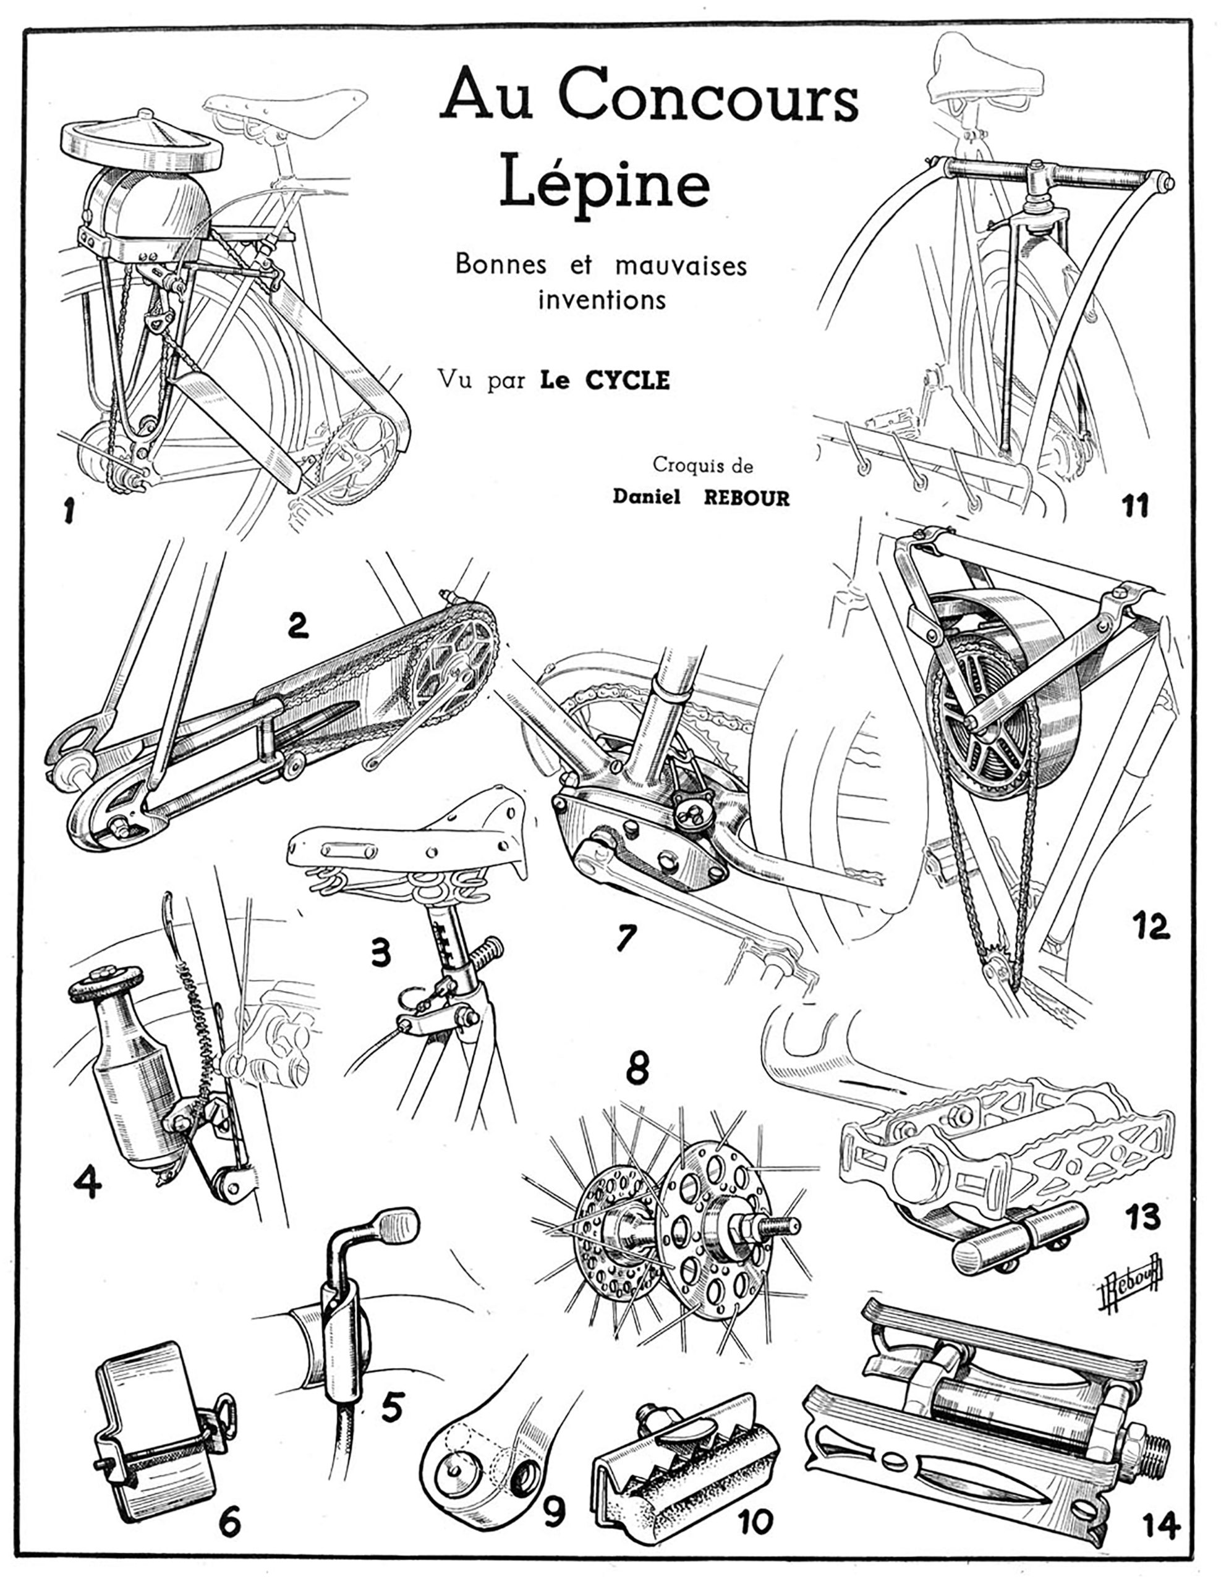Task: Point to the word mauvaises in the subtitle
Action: coord(681,266)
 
